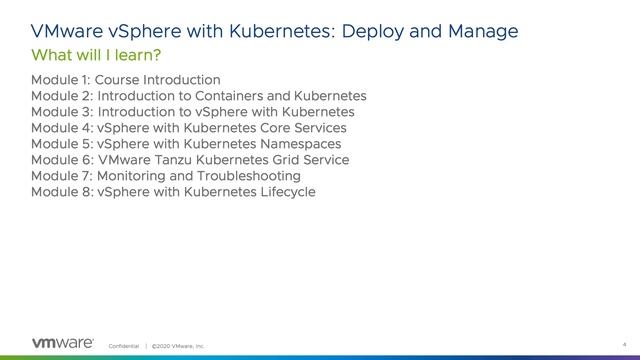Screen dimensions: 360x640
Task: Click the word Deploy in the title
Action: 380,31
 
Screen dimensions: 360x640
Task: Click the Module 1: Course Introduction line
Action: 126,79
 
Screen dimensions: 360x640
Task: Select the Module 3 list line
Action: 193,111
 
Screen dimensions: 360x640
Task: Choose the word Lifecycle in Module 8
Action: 284,191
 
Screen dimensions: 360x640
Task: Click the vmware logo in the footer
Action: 63,343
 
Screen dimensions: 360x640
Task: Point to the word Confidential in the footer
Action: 125,345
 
